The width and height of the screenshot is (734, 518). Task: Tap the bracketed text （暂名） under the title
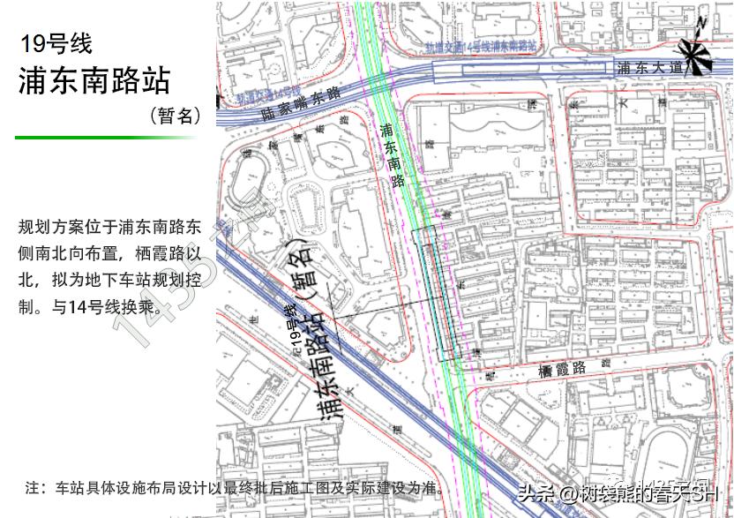click(x=174, y=115)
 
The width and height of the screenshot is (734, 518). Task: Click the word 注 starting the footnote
click(x=34, y=486)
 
